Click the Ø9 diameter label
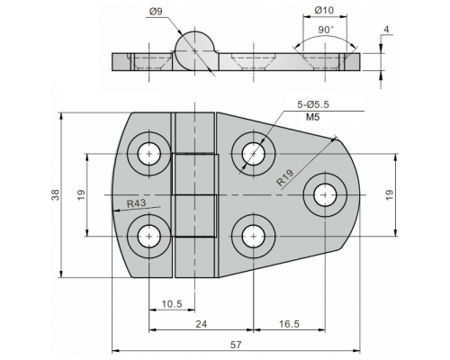click(156, 12)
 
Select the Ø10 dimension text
click(324, 10)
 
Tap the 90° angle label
click(326, 30)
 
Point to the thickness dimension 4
click(386, 30)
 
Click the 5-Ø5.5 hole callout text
click(313, 104)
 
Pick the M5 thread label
click(313, 117)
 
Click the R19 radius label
click(285, 178)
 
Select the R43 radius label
click(137, 203)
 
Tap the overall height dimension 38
click(56, 195)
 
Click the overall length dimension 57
click(236, 345)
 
